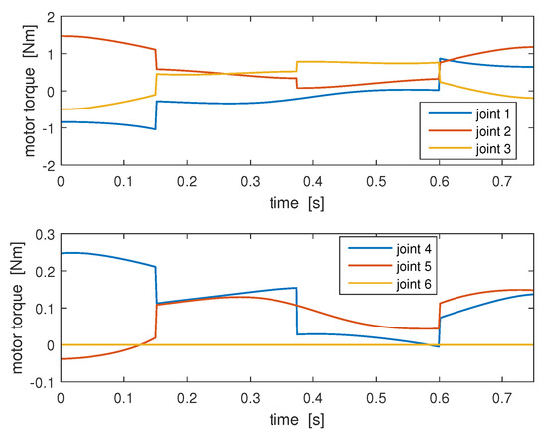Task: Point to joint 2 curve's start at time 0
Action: tap(62, 36)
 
